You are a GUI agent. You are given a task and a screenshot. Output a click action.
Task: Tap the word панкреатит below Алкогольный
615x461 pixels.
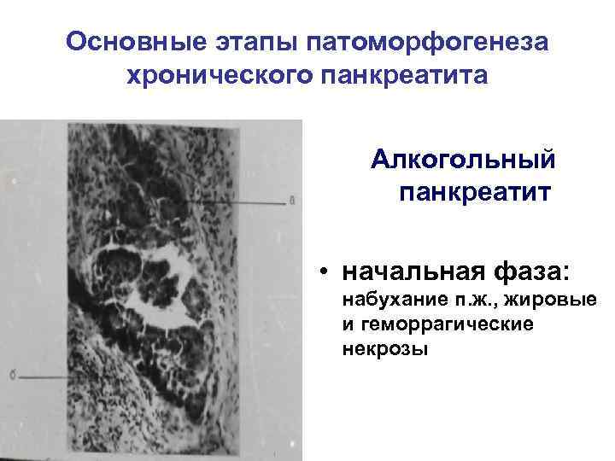tap(474, 191)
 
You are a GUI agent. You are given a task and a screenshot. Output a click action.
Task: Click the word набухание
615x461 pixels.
tap(385, 300)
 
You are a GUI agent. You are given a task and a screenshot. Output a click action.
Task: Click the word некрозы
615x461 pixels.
tap(384, 350)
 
